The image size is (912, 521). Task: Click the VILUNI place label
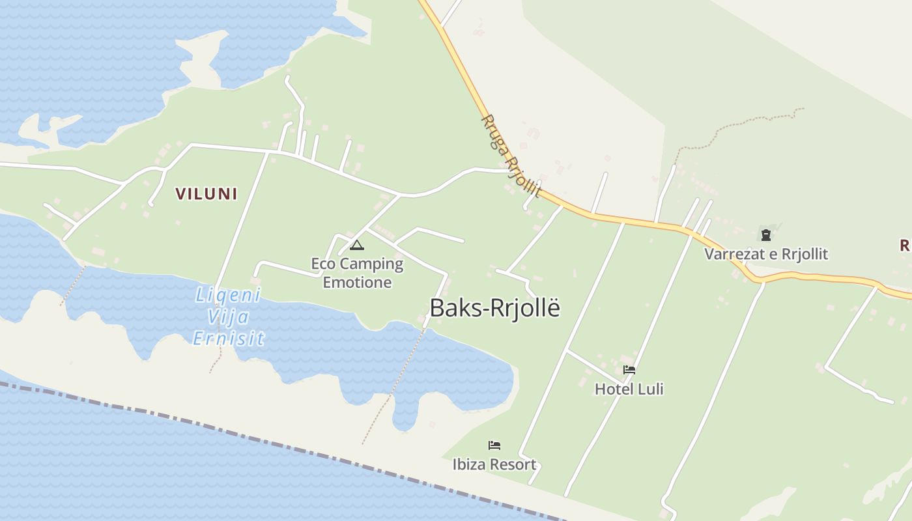pos(206,193)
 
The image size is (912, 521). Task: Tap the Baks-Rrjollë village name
pos(494,308)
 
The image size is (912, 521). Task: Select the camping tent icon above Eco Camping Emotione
pos(356,246)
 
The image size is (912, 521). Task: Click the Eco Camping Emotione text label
pos(357,273)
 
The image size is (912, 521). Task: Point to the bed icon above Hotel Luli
pos(629,370)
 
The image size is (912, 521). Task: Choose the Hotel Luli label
pos(629,389)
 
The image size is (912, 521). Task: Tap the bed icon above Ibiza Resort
pos(494,445)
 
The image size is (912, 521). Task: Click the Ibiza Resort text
pos(494,464)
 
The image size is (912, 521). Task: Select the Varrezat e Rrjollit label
pos(765,253)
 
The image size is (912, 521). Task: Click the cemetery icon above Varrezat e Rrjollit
pos(765,234)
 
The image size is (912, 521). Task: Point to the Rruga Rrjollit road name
pos(511,156)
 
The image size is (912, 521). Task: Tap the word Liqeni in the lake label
pos(228,296)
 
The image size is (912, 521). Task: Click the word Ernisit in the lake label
pos(229,339)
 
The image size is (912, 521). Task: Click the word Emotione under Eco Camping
pos(357,282)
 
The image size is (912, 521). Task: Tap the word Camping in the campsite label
pos(371,264)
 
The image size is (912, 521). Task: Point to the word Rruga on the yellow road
pos(493,132)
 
